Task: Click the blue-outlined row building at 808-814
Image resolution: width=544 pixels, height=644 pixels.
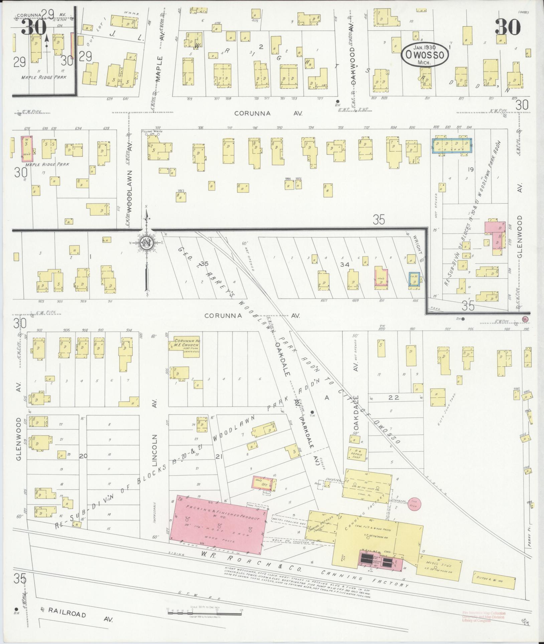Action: [x=452, y=145]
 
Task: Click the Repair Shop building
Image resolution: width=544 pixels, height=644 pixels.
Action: [x=357, y=454]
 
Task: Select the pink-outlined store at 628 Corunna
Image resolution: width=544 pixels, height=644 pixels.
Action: [x=27, y=149]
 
